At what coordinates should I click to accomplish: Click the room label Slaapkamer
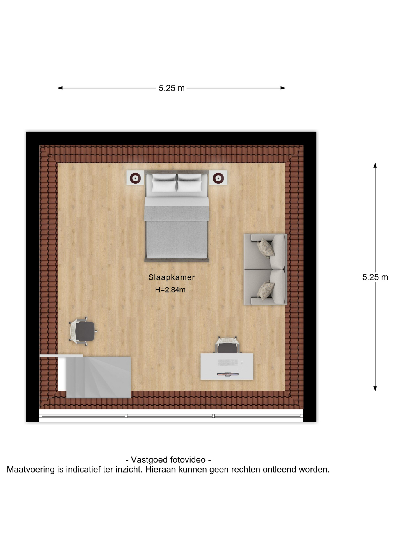[x=172, y=277]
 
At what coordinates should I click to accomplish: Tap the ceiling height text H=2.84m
[x=170, y=290]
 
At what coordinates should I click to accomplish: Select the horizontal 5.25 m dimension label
[x=172, y=88]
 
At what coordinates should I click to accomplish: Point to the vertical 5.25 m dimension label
[x=375, y=277]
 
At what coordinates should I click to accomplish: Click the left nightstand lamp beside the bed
[x=135, y=178]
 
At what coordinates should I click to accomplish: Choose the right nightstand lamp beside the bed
[x=218, y=178]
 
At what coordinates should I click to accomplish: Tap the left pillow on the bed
[x=164, y=183]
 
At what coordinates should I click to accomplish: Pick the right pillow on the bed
[x=189, y=183]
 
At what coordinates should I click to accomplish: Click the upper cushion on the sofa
[x=266, y=248]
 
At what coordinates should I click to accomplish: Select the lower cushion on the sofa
[x=266, y=290]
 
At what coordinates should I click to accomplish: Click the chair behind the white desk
[x=227, y=345]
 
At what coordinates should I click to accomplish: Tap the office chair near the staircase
[x=83, y=331]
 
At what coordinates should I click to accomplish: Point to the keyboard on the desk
[x=228, y=362]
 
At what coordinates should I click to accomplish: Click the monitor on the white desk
[x=228, y=374]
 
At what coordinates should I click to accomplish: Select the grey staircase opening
[x=98, y=377]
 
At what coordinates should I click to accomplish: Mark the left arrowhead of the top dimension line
[x=60, y=88]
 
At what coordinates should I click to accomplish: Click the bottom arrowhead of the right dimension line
[x=375, y=388]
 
